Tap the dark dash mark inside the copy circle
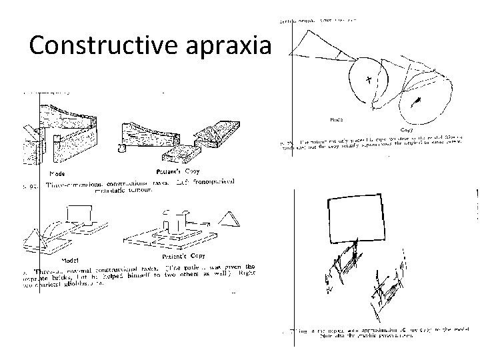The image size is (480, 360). pos(417,102)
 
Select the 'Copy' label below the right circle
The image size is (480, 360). pos(407,130)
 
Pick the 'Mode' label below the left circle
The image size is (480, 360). pos(337,120)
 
